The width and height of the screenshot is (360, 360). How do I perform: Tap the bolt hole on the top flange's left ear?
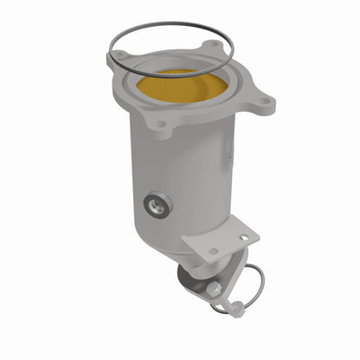[x=115, y=59]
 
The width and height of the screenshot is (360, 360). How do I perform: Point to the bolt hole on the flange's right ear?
[x=260, y=98]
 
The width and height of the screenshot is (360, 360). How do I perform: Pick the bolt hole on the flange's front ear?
[x=157, y=126]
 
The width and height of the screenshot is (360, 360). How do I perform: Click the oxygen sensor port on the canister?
[x=158, y=205]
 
